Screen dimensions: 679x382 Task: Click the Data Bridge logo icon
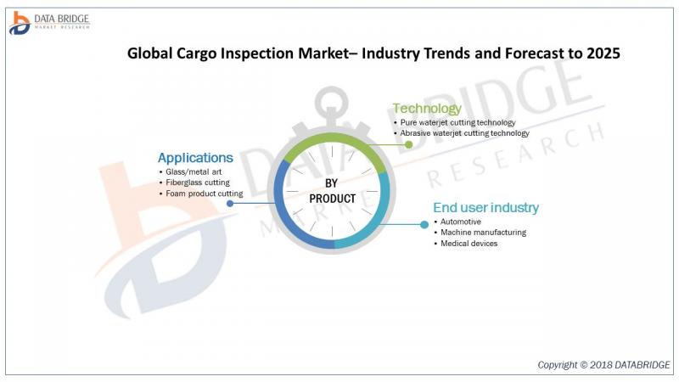point(20,23)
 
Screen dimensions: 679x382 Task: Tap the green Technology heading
point(427,109)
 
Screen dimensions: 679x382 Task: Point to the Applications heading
point(195,158)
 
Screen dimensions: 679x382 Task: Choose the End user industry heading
point(485,207)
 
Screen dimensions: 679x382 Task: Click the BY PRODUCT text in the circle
point(332,191)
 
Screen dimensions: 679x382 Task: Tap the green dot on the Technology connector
point(408,144)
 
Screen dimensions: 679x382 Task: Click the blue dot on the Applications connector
point(230,203)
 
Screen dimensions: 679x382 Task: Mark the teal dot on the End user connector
point(424,224)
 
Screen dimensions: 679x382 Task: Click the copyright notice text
point(603,365)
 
